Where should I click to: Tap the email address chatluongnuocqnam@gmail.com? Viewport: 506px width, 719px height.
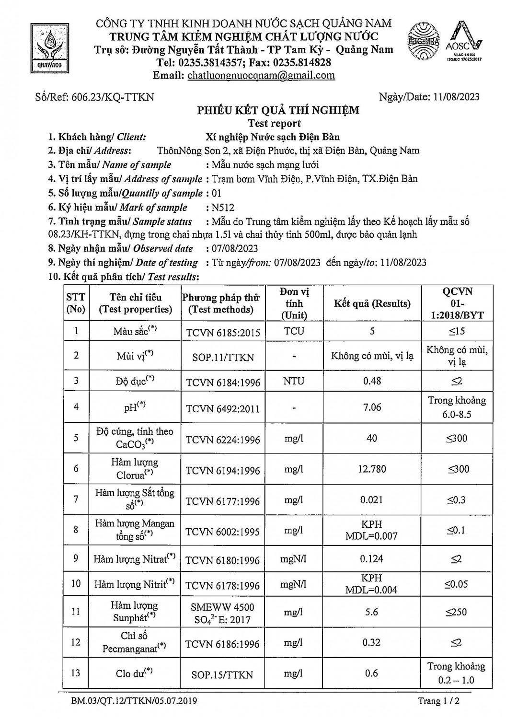(261, 75)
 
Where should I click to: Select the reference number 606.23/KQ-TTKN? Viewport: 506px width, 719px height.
(113, 97)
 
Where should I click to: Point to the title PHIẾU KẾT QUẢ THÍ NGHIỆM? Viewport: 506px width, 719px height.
(278, 110)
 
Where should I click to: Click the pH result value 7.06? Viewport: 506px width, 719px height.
(372, 407)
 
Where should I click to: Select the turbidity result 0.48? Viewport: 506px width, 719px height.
(372, 381)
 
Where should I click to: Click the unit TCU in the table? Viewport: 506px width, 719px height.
(294, 331)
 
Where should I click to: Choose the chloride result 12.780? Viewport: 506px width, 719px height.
(372, 469)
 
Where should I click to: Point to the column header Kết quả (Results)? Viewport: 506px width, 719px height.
(372, 303)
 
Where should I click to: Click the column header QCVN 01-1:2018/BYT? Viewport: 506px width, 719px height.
(457, 303)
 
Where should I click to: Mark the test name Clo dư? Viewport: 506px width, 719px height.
(134, 673)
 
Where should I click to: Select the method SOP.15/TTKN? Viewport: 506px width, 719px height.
(222, 674)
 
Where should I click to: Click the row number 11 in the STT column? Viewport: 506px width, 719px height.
(76, 611)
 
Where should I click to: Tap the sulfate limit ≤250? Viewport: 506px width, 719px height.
(457, 612)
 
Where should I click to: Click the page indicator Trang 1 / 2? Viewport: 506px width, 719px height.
(438, 701)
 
